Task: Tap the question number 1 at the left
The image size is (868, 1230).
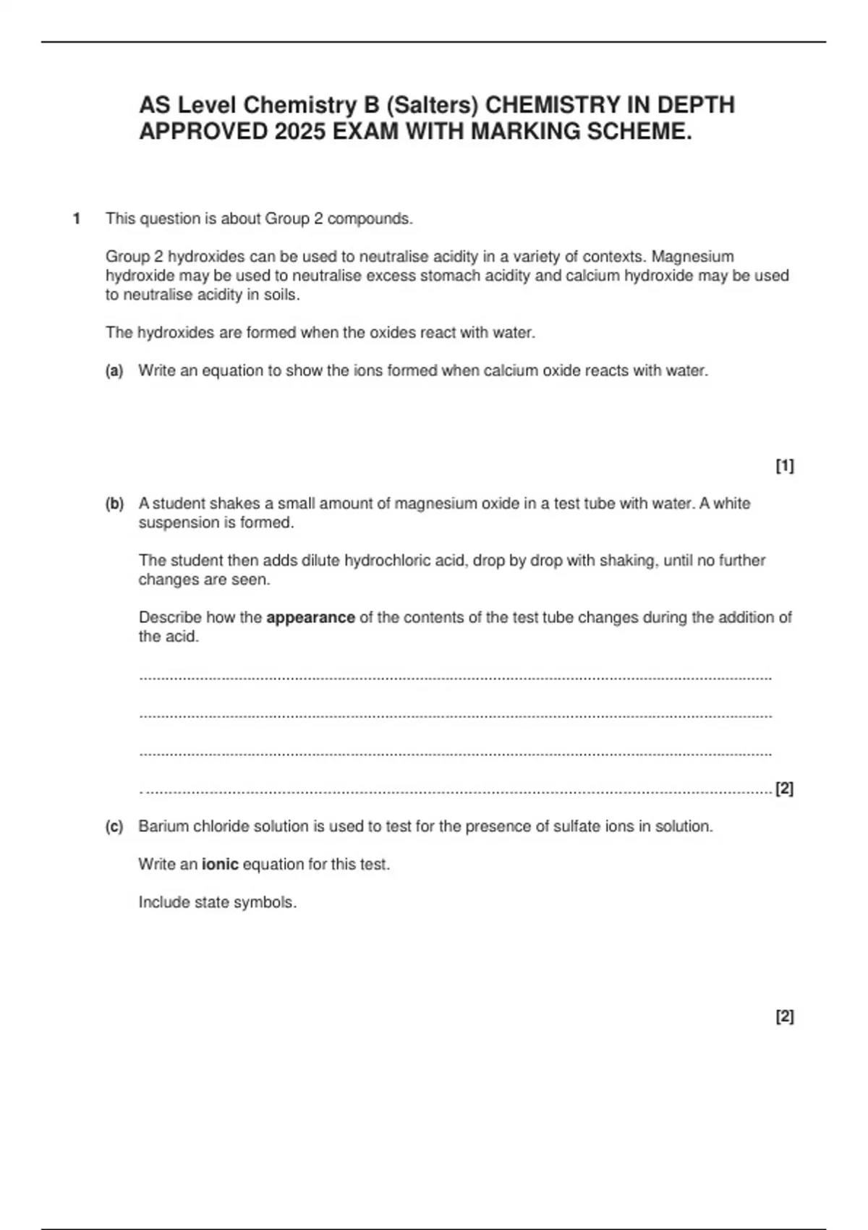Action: [76, 219]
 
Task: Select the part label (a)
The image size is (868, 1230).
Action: [114, 371]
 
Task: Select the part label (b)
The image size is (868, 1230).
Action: [114, 504]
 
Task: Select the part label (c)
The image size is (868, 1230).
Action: [114, 826]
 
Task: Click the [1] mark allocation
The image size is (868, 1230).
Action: [784, 466]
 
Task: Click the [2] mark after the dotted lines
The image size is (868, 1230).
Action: [784, 789]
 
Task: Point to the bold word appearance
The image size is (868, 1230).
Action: [310, 618]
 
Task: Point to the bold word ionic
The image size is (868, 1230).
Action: [220, 865]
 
